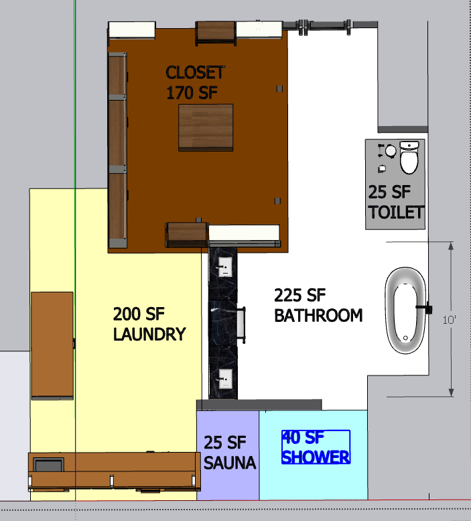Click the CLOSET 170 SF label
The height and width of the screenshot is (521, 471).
coord(195,82)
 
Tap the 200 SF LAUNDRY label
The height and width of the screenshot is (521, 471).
coord(149,324)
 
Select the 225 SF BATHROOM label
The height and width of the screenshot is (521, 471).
coord(318,305)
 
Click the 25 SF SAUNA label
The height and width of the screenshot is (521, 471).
coord(230,452)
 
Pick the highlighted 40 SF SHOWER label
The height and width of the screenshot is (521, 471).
coord(316,447)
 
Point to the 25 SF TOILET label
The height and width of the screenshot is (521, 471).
coord(396,202)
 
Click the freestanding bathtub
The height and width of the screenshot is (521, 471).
coord(405,310)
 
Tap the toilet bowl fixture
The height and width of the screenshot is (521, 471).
coord(409,157)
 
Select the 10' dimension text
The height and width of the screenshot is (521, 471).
coord(449,320)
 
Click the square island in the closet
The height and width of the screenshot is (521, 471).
coord(206,127)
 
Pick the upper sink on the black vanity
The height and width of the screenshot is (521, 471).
coord(224,266)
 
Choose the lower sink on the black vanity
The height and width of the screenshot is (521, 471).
coord(224,379)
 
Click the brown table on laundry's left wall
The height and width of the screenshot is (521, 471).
coord(52,345)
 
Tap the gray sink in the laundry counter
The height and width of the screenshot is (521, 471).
coord(48,465)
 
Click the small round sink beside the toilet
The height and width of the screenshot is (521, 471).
coord(391,151)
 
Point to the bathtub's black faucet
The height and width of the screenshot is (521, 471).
coord(425,308)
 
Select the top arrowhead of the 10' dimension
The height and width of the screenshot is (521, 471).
coord(451,246)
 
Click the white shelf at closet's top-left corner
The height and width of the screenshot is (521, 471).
coord(132,30)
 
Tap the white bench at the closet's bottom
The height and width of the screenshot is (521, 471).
coord(244,233)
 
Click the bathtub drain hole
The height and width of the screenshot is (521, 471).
coord(405,338)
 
